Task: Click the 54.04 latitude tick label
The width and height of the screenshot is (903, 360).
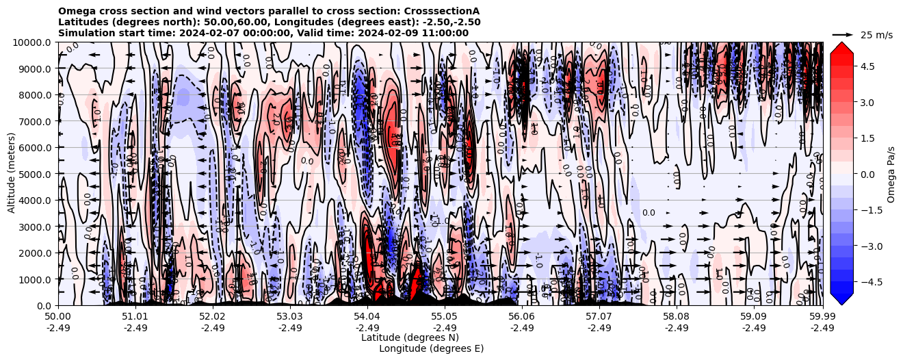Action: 367,317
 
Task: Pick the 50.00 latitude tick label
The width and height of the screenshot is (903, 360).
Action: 58,317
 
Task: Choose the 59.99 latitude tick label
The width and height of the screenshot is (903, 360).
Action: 822,317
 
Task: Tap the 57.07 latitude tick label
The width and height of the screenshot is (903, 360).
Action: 599,317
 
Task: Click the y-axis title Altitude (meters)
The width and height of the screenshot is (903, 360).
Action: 12,174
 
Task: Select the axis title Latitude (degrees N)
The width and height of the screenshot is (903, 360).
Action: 410,337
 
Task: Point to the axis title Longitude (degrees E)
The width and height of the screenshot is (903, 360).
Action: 431,348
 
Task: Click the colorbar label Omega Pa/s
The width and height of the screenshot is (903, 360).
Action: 891,174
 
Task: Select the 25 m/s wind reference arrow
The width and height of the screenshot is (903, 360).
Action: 843,34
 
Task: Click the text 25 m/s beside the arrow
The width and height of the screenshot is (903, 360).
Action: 876,35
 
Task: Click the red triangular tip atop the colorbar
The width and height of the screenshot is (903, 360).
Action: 841,47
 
